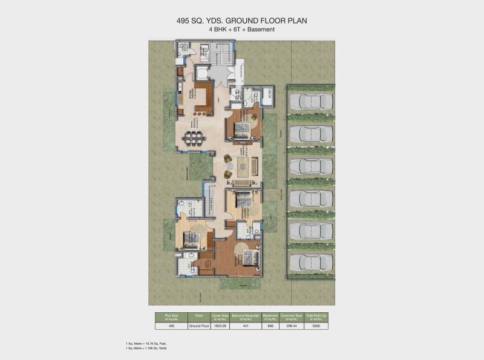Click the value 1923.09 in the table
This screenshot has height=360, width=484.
click(x=220, y=326)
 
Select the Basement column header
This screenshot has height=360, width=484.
click(x=270, y=316)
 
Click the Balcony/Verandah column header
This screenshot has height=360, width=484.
click(x=246, y=316)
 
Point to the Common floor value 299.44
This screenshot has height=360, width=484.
click(x=292, y=326)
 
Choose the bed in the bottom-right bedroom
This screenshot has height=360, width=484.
click(x=248, y=258)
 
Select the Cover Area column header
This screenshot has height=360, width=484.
click(x=220, y=316)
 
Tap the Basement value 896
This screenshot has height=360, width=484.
click(x=270, y=326)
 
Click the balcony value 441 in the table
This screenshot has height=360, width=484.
click(x=246, y=326)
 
